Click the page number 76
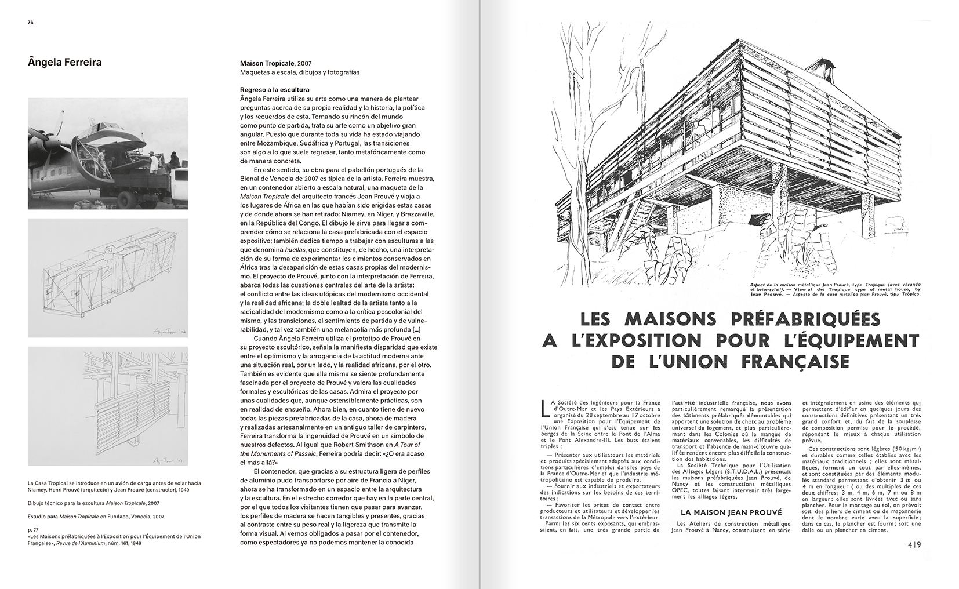point(31,23)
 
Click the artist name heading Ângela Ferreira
point(64,62)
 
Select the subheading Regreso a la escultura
point(275,90)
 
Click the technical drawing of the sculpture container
point(108,277)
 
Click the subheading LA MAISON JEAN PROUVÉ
point(731,512)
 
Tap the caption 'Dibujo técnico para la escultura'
point(94,503)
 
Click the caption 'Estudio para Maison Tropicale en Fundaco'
point(96,516)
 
